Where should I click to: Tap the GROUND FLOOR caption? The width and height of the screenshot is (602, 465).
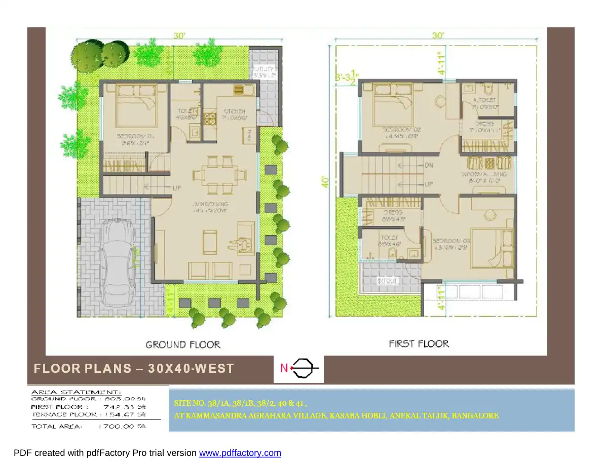point(183,345)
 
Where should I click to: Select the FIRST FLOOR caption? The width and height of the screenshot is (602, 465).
point(419,344)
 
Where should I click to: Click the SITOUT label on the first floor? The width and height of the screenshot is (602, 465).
point(388,280)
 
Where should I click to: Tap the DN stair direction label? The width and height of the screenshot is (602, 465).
point(428,165)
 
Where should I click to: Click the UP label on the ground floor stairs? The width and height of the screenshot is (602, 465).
point(177,187)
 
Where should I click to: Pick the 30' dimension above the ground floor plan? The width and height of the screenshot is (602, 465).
point(180,35)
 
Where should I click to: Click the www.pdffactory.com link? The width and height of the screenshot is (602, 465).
point(240,453)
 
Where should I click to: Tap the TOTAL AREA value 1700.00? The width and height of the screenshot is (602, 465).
point(116,427)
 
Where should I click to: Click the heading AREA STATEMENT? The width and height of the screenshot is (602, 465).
point(77,392)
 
